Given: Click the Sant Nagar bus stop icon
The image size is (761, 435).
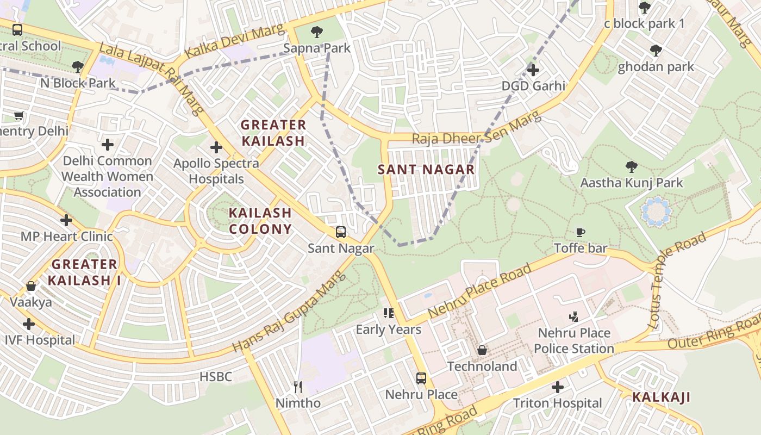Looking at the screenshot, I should pyautogui.click(x=341, y=232).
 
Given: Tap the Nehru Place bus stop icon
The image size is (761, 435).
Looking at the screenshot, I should pyautogui.click(x=421, y=378).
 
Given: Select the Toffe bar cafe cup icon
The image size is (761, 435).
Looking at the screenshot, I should pyautogui.click(x=581, y=233).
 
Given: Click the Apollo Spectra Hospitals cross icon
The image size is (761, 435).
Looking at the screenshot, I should pyautogui.click(x=216, y=147).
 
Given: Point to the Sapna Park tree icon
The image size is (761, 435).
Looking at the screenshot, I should pyautogui.click(x=316, y=32).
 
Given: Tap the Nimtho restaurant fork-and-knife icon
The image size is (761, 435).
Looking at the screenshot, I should pyautogui.click(x=298, y=387).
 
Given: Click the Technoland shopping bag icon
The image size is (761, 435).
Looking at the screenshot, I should pyautogui.click(x=482, y=350).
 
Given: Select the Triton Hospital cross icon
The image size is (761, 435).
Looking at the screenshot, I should pyautogui.click(x=558, y=387).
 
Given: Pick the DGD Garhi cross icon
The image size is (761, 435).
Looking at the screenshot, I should pyautogui.click(x=533, y=70).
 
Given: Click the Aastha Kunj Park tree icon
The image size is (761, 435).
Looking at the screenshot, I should pyautogui.click(x=631, y=166).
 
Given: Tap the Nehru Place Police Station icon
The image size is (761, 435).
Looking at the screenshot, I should pyautogui.click(x=573, y=316).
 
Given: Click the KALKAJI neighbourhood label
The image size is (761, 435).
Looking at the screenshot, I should pyautogui.click(x=661, y=397).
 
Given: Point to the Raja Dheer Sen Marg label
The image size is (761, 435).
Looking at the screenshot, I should pyautogui.click(x=476, y=129).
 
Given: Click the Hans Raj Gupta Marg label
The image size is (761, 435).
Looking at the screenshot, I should pyautogui.click(x=289, y=312).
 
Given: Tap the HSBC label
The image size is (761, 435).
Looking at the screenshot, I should pyautogui.click(x=216, y=376).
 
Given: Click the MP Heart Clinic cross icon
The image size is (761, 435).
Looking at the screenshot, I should pyautogui.click(x=66, y=220).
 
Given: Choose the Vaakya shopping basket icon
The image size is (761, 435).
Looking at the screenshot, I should pyautogui.click(x=31, y=286).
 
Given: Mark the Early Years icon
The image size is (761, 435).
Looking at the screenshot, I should pyautogui.click(x=389, y=313).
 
